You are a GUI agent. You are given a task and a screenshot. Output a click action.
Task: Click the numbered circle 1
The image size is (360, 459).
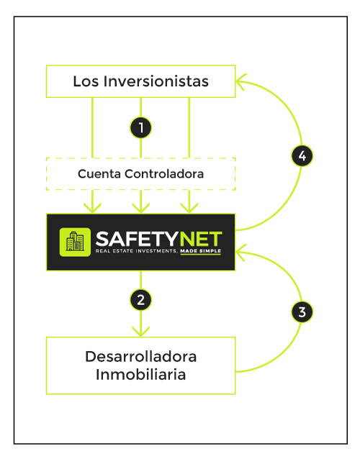[141, 127]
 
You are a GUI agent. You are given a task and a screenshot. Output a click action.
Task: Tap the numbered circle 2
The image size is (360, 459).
[141, 300]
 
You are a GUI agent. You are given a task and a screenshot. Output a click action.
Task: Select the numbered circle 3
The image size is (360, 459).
[302, 312]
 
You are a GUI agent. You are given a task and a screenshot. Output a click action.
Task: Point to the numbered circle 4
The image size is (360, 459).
[302, 155]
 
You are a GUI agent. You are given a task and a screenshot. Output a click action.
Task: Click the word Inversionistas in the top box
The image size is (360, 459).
[156, 81]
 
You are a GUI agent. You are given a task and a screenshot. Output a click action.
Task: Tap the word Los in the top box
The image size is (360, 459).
[86, 81]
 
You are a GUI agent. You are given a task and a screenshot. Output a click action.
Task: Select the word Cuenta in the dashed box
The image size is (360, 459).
[99, 173]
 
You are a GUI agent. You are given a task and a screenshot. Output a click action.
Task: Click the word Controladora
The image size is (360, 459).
[164, 173]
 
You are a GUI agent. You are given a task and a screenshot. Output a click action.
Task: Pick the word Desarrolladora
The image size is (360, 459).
[141, 357]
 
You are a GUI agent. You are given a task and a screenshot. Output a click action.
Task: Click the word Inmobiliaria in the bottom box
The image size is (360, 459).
[141, 374]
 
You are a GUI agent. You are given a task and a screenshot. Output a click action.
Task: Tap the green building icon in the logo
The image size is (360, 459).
[75, 242]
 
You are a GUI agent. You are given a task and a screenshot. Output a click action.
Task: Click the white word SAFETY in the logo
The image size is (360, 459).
[137, 239]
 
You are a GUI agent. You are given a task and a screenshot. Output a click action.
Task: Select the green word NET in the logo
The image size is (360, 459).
[201, 239]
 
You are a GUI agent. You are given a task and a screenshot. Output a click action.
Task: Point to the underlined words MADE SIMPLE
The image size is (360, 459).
[201, 251]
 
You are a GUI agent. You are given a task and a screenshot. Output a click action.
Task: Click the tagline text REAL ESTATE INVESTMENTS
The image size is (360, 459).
[135, 251]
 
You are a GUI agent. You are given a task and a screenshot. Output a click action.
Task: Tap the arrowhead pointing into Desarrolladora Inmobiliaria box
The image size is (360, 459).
[141, 332]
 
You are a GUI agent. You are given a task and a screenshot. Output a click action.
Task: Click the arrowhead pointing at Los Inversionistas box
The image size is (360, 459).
[241, 81]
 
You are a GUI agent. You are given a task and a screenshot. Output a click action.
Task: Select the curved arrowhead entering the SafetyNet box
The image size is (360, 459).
[241, 252]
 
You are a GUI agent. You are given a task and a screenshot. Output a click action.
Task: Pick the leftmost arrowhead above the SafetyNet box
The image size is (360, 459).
[93, 208]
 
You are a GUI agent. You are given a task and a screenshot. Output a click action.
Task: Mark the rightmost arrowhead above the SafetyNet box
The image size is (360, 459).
[189, 208]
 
